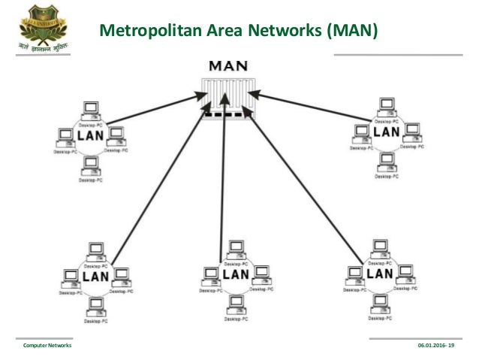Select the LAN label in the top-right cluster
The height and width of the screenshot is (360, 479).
tap(386, 132)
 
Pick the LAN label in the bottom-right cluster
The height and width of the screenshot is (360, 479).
tap(378, 274)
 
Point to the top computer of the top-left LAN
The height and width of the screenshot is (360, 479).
tap(91, 108)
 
